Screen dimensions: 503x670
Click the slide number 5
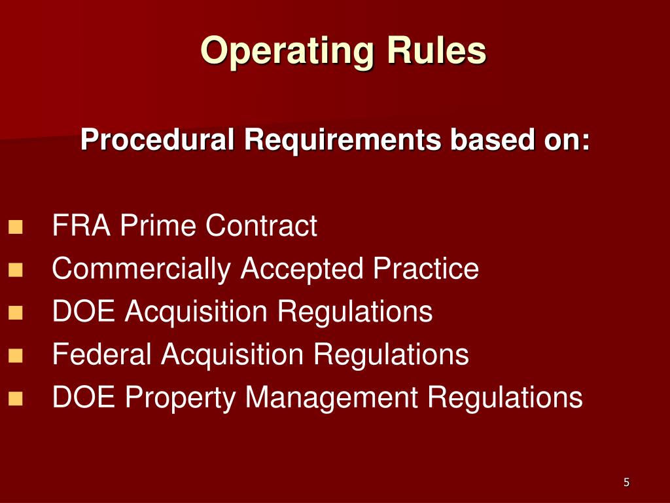click(626, 483)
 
